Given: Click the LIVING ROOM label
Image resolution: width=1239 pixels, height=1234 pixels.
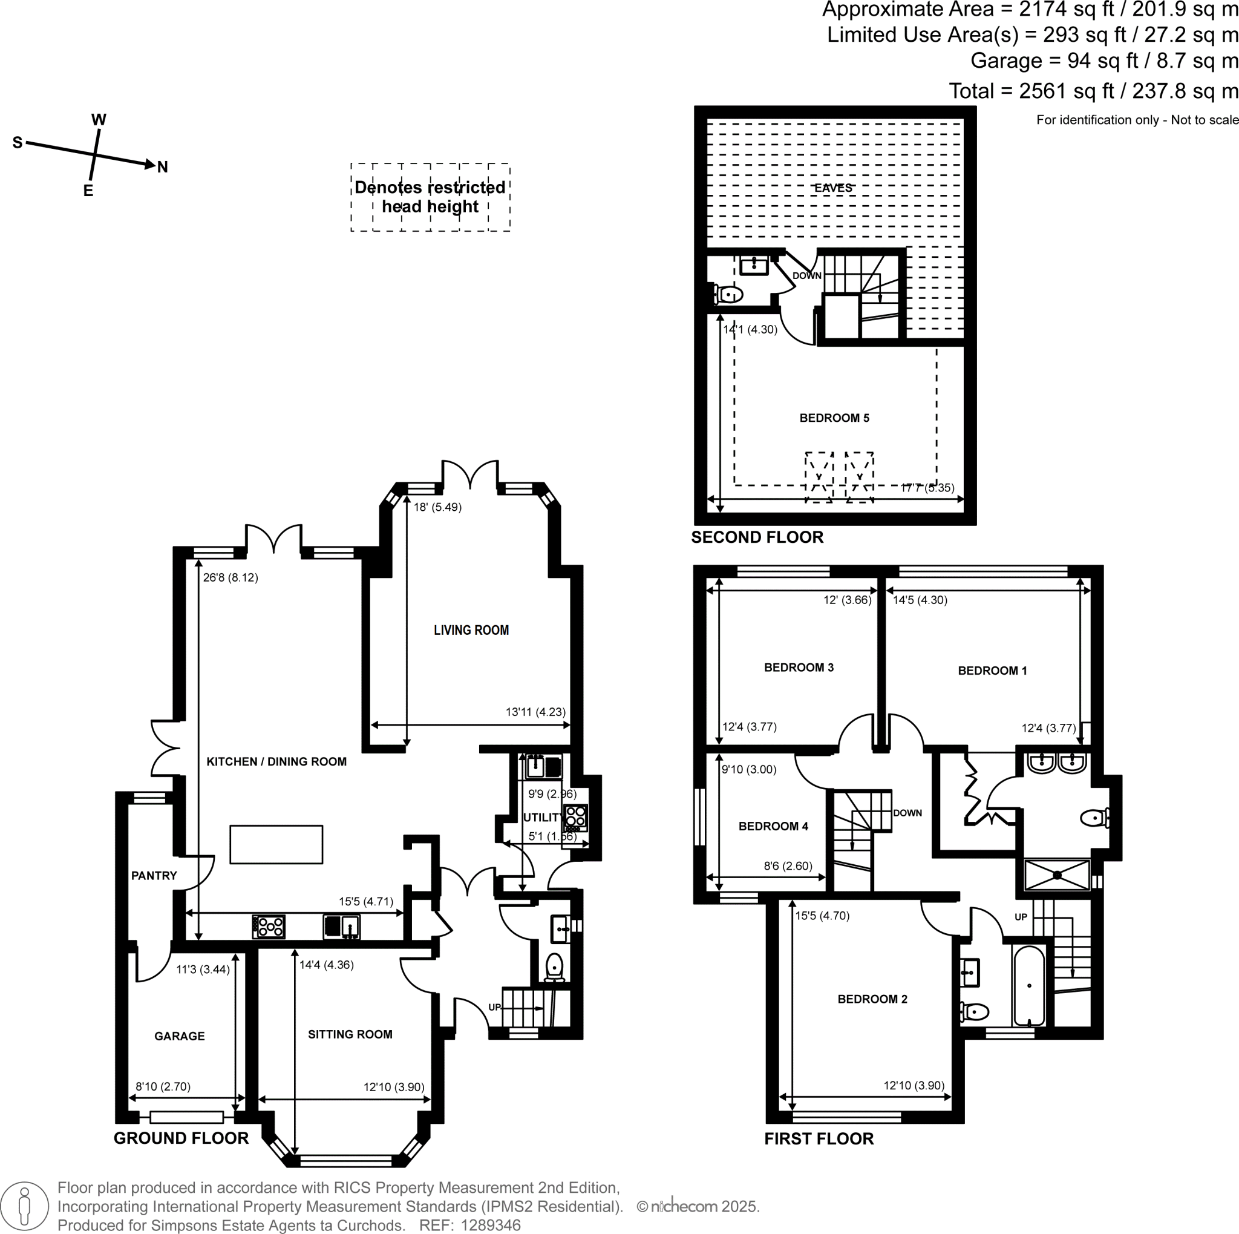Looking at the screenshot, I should [x=471, y=630].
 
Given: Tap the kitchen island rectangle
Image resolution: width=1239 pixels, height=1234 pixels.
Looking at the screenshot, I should [x=276, y=844].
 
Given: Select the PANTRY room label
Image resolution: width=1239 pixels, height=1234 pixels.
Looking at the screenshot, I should [x=154, y=876].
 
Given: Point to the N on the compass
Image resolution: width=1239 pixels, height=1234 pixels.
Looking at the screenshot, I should [x=162, y=168].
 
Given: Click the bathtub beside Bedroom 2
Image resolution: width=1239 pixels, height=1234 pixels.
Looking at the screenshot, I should [x=1028, y=985].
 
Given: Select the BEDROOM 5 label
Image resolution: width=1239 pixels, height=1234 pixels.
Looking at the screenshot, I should [x=834, y=418].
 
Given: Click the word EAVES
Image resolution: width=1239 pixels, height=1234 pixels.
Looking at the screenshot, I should [x=833, y=188].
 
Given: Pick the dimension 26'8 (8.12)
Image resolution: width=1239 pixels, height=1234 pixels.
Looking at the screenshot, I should [x=230, y=577].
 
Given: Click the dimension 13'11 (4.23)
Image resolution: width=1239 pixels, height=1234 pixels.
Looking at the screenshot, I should [x=535, y=712].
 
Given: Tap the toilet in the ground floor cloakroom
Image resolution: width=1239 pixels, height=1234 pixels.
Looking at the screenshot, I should [x=554, y=967].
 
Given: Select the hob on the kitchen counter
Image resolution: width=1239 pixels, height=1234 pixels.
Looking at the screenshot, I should [x=269, y=926].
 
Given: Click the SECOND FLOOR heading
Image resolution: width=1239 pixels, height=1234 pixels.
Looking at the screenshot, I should [x=757, y=537].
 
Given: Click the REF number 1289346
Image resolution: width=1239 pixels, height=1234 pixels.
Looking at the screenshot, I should [x=490, y=1225].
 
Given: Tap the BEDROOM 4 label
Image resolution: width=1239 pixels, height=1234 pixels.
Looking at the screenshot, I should [x=773, y=826].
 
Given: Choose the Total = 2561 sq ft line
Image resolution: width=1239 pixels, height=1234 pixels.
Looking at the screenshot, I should [x=1093, y=91].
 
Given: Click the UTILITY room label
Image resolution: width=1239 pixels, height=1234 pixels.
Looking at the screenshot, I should [x=543, y=817].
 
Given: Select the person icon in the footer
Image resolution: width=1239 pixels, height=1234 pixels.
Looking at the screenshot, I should [x=24, y=1206].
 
